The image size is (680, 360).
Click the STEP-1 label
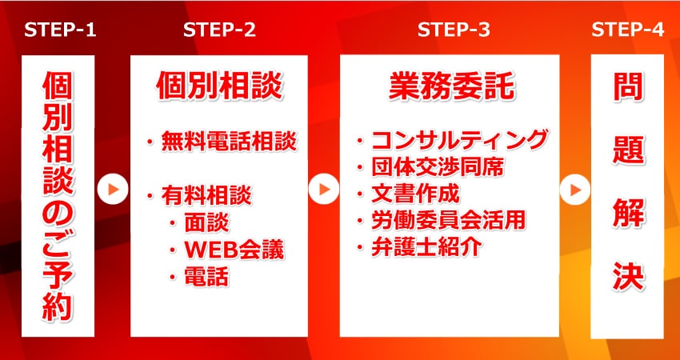(x=60, y=31)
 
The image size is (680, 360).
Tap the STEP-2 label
(x=219, y=31)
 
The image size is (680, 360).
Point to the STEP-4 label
(x=627, y=31)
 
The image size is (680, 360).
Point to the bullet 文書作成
(x=416, y=194)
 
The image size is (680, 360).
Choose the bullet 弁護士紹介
(x=425, y=246)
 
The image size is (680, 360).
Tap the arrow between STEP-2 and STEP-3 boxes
(x=323, y=190)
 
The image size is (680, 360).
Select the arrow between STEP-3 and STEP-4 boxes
(x=574, y=190)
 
